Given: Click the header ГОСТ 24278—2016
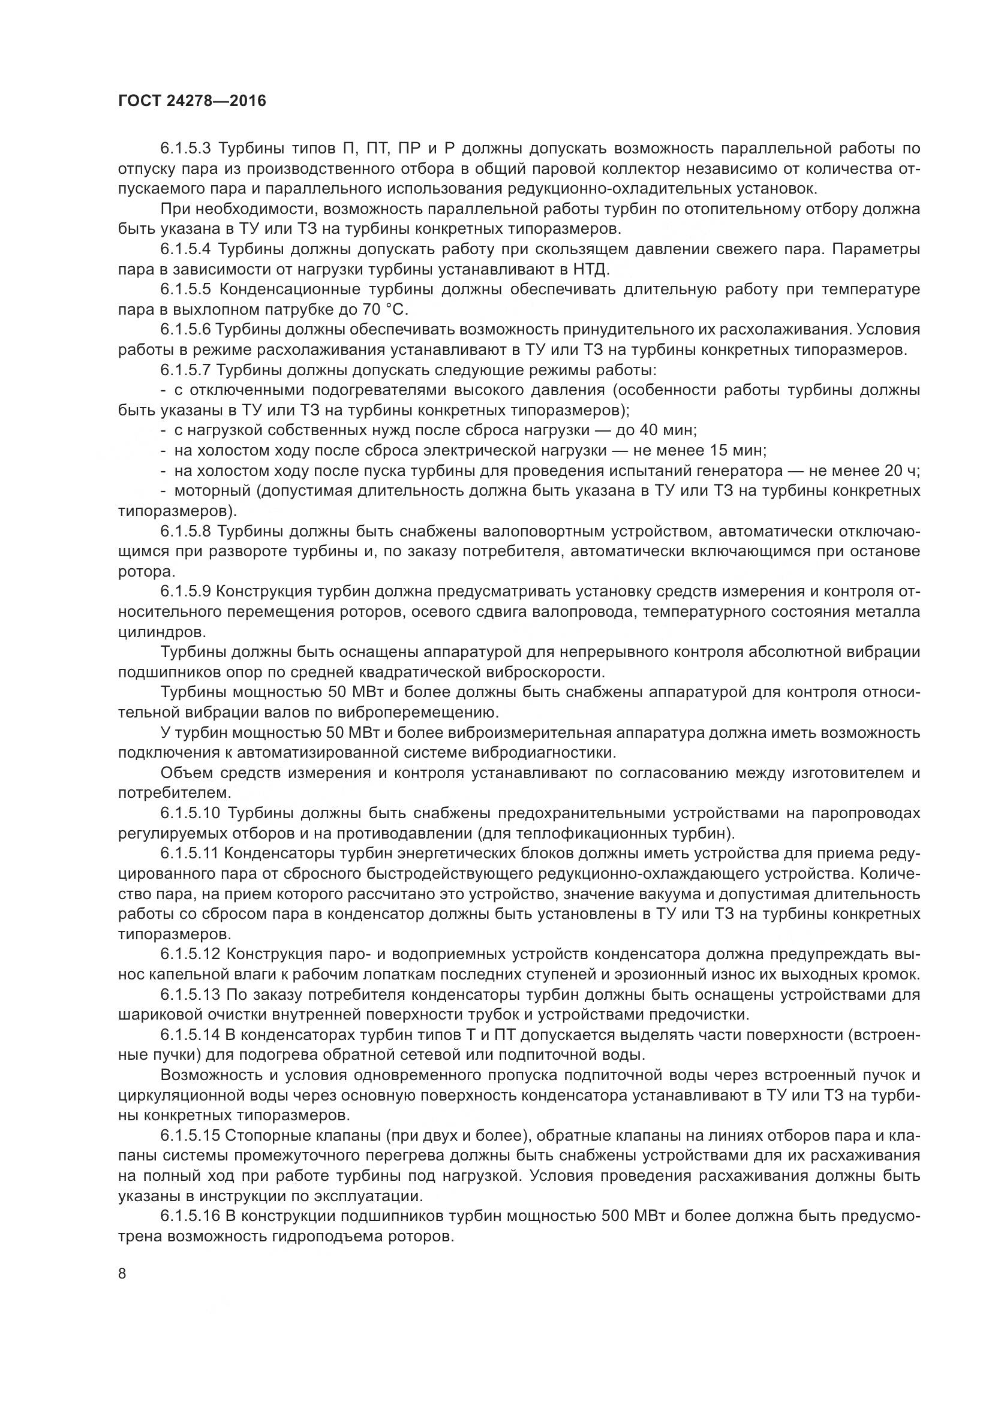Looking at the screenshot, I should pyautogui.click(x=192, y=101).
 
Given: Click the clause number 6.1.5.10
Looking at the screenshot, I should pyautogui.click(x=190, y=813).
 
